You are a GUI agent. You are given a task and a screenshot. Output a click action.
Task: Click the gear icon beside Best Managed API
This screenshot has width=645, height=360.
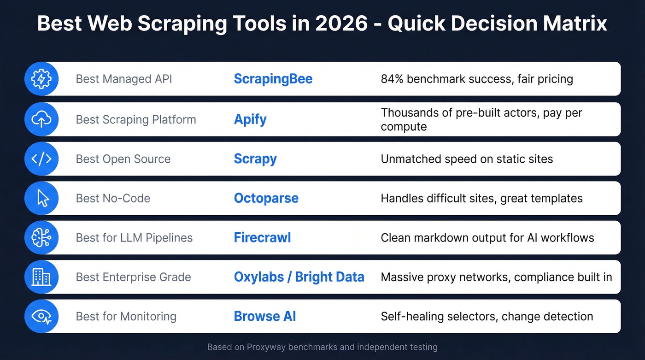pos(41,79)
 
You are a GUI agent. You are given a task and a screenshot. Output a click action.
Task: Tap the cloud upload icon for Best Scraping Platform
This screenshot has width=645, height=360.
pos(41,119)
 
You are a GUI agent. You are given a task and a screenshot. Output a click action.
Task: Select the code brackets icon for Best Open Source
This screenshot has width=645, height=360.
pos(41,159)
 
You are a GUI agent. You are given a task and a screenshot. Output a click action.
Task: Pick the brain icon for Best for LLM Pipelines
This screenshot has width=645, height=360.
pos(41,238)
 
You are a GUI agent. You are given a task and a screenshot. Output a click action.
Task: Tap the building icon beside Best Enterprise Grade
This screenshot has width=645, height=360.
pos(41,277)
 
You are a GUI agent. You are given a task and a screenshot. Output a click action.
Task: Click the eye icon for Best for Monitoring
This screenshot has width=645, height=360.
pos(41,316)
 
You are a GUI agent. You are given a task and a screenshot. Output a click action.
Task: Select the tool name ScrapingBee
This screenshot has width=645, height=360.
pos(273,79)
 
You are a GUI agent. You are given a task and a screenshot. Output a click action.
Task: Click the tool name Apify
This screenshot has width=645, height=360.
pos(250,119)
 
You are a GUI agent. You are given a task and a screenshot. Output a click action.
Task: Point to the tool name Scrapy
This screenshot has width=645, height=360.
pos(255,159)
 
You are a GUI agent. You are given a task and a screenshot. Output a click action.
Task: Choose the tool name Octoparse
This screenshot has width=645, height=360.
pos(266,198)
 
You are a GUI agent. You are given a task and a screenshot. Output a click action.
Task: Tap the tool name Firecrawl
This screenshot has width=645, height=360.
pos(262,238)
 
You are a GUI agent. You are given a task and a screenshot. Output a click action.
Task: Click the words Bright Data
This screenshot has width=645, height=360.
pos(329,277)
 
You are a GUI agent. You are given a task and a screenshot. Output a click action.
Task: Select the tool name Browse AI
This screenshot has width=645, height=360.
pos(265,316)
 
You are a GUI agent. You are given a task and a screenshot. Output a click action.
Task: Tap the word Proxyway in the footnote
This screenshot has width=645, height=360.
pos(266,347)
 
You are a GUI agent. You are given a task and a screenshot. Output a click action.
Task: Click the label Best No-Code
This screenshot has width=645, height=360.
pos(113,198)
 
